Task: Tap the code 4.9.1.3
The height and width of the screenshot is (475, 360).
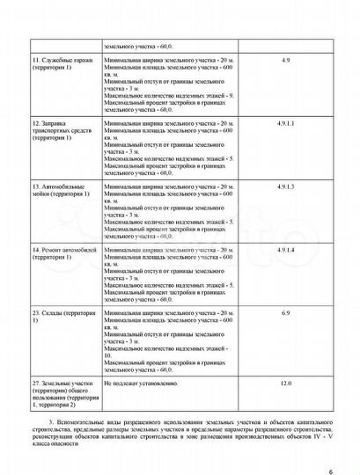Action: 285,186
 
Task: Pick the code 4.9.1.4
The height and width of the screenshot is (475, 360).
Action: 285,250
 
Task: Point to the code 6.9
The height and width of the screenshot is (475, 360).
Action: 285,313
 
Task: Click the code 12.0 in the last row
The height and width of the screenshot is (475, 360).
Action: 285,384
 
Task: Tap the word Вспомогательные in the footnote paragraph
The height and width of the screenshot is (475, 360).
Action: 84,423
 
